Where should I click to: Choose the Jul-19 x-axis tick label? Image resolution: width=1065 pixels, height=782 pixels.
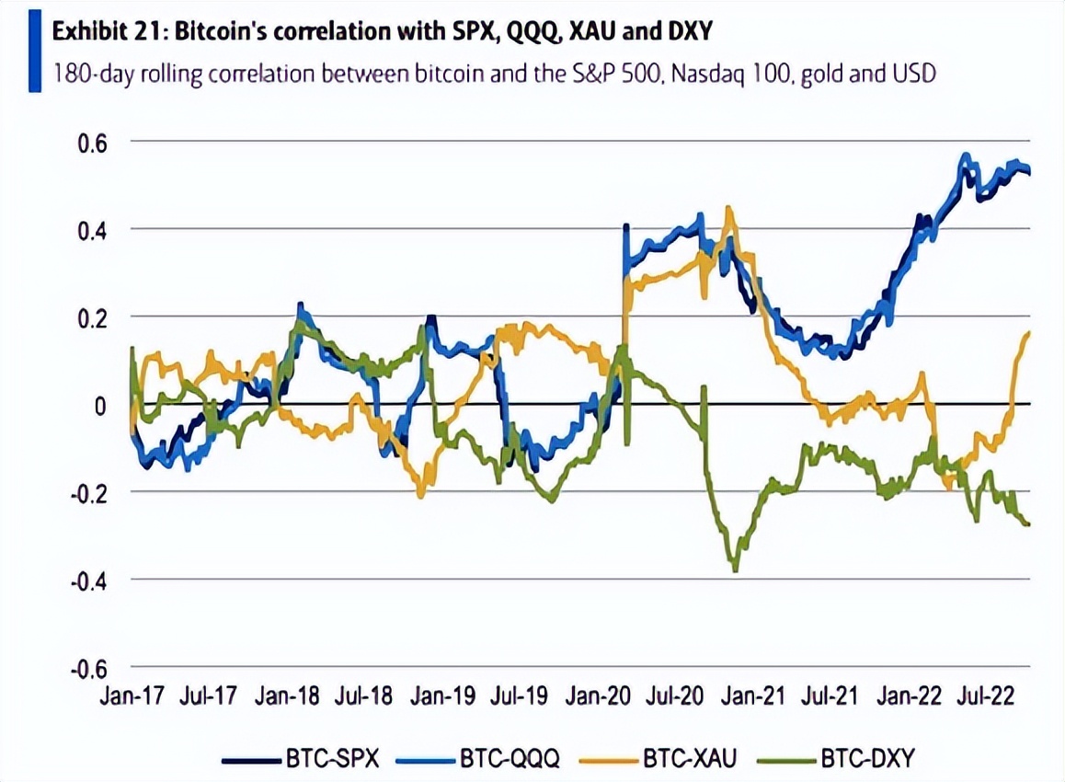coord(520,696)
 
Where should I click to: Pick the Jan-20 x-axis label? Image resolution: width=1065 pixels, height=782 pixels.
coord(597,696)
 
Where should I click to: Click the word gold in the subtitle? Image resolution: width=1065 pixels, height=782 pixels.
coord(824,73)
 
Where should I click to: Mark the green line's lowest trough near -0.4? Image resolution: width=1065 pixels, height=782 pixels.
coord(735,570)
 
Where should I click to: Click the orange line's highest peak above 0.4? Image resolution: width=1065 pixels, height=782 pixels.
coord(728,209)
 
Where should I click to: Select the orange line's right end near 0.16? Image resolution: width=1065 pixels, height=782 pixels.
coord(1027,333)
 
